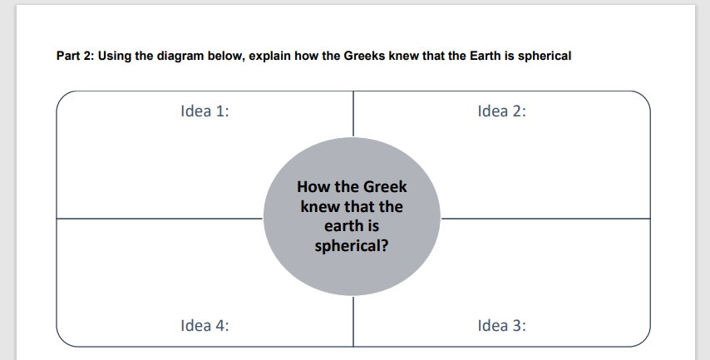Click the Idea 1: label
tap(205, 111)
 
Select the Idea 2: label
tap(502, 111)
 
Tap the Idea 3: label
tap(502, 325)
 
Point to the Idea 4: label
tap(205, 325)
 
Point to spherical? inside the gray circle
tap(352, 246)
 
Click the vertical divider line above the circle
tap(353, 114)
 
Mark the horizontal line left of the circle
tap(158, 219)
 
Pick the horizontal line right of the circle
tap(545, 219)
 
